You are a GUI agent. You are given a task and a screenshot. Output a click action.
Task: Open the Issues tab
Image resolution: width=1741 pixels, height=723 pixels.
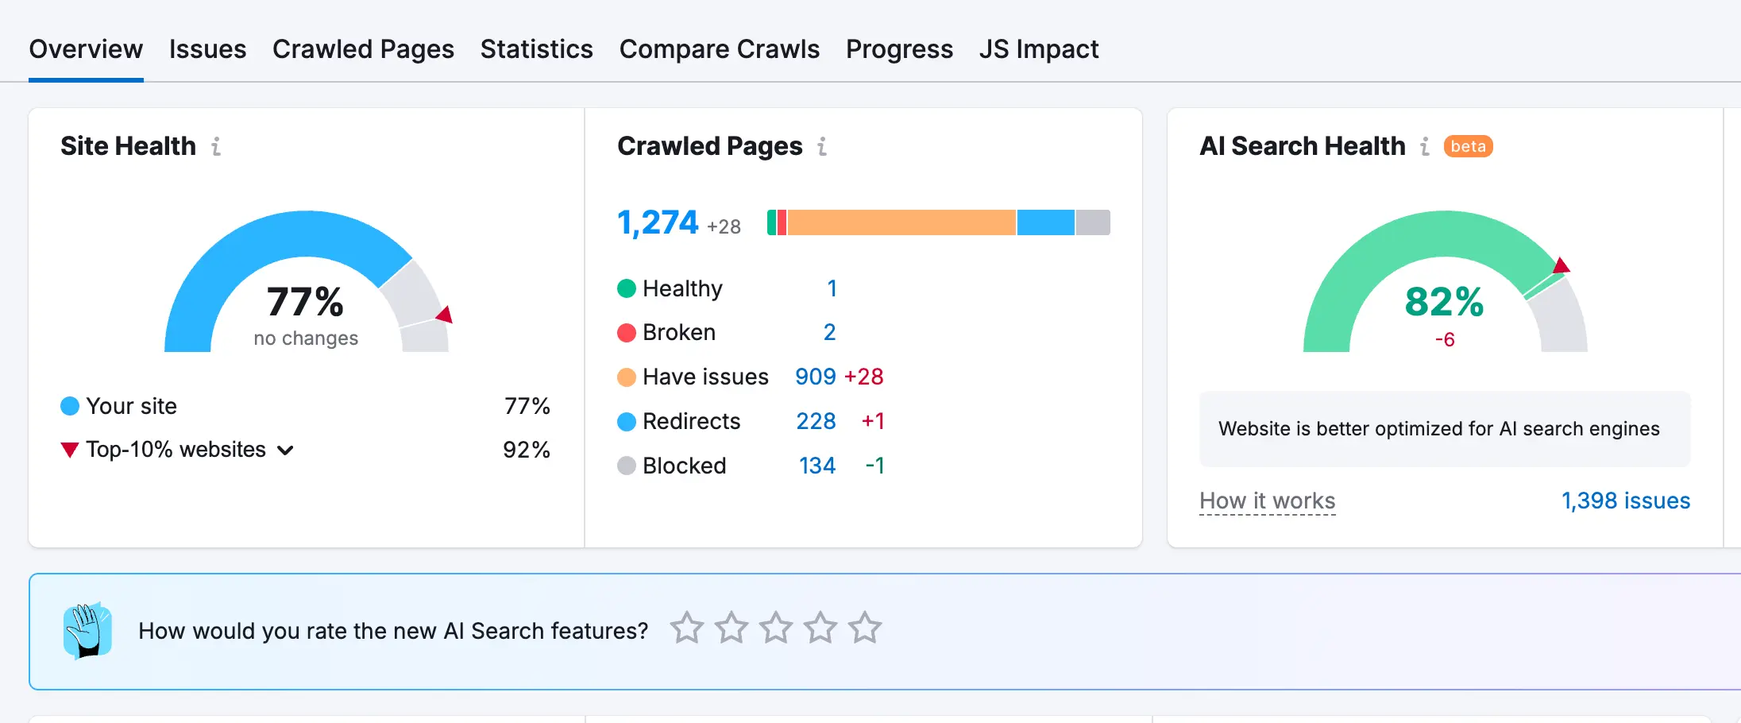point(207,49)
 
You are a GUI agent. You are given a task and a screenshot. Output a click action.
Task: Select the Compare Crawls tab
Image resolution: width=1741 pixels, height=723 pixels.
point(719,49)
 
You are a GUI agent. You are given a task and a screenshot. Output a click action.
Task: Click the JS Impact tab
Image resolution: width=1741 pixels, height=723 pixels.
point(1038,49)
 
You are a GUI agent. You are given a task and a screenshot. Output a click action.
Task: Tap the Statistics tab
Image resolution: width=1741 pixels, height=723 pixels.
point(536,49)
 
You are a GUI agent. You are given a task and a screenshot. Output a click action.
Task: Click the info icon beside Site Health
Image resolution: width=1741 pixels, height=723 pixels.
point(216,146)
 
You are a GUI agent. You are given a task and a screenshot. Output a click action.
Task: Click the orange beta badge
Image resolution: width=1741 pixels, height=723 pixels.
point(1468,146)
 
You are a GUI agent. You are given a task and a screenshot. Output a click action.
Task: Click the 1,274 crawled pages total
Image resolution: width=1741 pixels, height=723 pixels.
point(658,222)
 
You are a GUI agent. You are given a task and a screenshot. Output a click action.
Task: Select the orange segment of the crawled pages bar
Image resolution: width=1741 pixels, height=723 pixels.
point(901,222)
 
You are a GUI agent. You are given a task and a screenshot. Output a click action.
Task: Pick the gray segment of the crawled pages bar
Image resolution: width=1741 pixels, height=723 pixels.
point(1093,222)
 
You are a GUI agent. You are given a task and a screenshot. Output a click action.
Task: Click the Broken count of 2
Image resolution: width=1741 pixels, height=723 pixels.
point(829,332)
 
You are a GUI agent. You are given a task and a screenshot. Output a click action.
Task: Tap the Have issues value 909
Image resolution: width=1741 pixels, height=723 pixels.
point(816,377)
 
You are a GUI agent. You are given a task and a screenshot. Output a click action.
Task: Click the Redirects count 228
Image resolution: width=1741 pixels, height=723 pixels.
point(816,421)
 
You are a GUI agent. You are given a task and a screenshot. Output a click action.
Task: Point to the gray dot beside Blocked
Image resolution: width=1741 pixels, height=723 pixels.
point(627,466)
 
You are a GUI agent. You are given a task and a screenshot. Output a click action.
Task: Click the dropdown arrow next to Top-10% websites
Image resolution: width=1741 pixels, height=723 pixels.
point(285,450)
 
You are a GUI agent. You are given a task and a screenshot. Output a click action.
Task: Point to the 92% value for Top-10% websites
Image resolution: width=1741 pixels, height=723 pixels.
point(526,450)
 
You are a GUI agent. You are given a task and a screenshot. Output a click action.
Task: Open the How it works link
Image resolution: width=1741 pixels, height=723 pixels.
point(1267,501)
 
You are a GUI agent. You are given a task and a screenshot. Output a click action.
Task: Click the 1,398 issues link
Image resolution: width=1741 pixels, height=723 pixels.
point(1625,501)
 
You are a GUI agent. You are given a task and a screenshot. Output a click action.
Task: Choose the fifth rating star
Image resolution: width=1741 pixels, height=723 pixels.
point(864,628)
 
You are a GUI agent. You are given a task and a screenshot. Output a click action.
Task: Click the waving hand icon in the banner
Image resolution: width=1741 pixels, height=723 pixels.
point(87,631)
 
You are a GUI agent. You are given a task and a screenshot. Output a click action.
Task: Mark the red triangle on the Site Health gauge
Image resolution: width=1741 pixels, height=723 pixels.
point(445,315)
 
